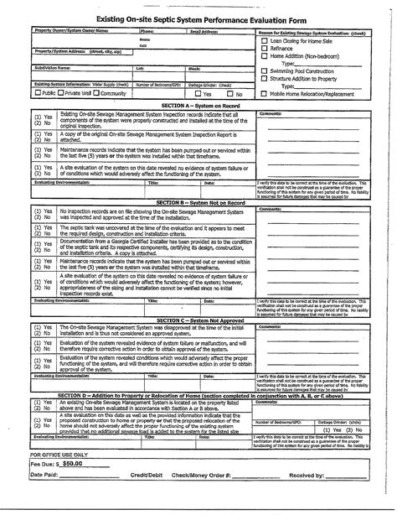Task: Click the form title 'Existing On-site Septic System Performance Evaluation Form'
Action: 198,16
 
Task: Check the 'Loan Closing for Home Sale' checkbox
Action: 265,40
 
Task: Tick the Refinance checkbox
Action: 265,48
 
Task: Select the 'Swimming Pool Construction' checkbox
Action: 265,71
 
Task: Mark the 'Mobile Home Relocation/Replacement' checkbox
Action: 265,95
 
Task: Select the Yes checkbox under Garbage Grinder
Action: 195,94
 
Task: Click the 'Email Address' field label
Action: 205,30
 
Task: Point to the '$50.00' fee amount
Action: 73,486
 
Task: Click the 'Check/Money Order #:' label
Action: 219,498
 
